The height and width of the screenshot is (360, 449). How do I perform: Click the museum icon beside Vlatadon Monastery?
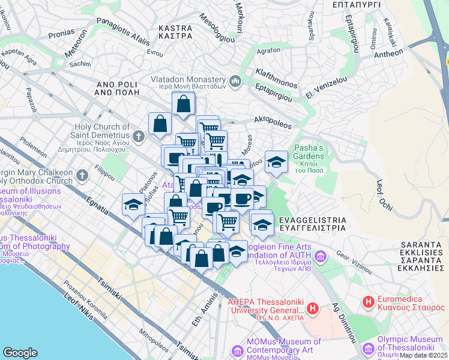(235, 80)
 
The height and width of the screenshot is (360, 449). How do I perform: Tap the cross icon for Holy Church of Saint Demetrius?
(139, 136)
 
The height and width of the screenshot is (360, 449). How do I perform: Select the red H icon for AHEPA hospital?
(312, 309)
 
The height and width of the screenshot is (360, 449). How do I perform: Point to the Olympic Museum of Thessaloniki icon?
(367, 347)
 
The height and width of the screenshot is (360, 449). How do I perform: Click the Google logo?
(20, 352)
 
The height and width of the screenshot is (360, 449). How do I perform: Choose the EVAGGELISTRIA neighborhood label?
(308, 224)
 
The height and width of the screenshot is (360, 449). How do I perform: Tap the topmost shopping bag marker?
(183, 104)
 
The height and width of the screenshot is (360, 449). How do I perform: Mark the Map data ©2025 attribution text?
(421, 355)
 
